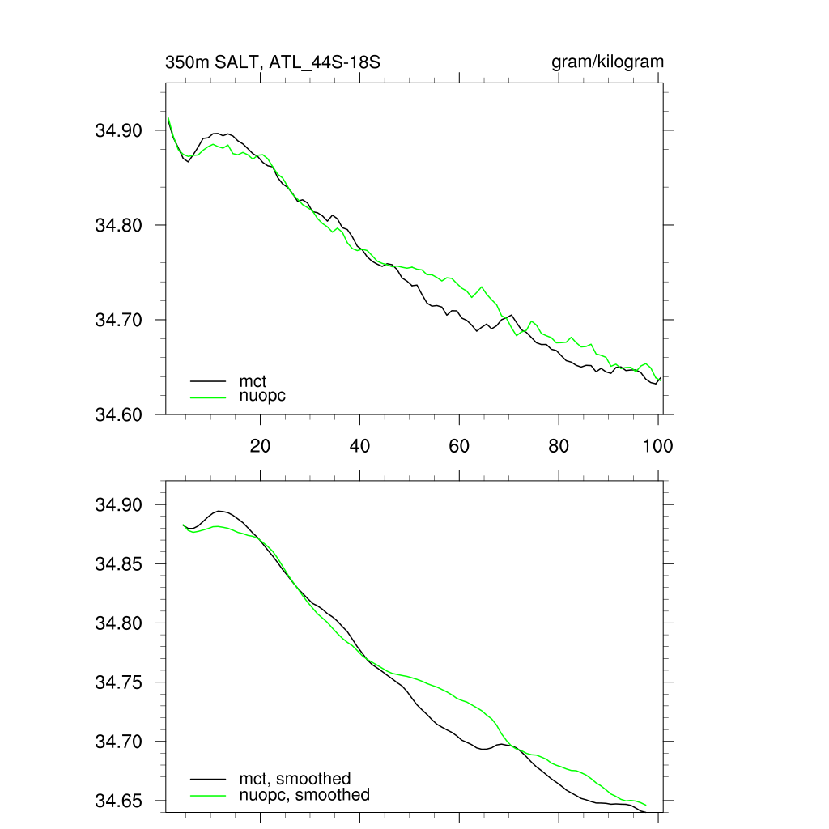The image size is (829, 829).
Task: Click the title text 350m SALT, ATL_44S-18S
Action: click(272, 62)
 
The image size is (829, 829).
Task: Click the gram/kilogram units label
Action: click(607, 62)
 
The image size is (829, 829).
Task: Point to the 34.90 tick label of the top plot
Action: click(119, 130)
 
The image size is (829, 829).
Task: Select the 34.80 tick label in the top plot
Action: click(119, 225)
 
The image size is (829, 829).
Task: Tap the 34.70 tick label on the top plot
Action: click(119, 320)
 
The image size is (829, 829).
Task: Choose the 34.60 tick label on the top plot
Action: click(119, 414)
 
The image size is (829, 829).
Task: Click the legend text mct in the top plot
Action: click(253, 380)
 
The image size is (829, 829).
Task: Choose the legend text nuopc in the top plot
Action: click(262, 396)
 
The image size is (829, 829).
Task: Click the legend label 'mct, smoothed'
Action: click(295, 779)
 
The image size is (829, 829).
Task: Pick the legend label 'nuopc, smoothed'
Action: click(304, 795)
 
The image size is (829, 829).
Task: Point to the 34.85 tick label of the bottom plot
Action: click(119, 564)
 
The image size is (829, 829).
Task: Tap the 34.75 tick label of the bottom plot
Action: click(119, 682)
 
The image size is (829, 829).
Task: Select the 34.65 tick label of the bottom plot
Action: click(119, 801)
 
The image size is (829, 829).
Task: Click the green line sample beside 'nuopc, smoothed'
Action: click(208, 795)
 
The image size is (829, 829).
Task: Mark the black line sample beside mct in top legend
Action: click(208, 380)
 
